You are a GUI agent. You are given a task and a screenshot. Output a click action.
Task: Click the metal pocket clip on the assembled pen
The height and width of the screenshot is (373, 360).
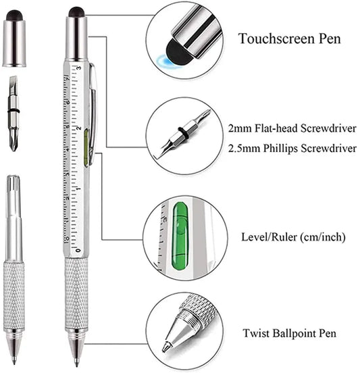[92, 108]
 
